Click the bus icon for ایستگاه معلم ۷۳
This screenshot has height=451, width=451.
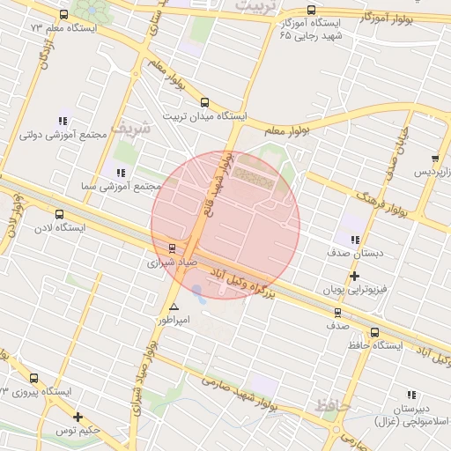coord(63,14)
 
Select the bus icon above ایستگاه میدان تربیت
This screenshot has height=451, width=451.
coord(205,102)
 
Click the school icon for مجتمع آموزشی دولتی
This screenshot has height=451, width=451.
coord(63,121)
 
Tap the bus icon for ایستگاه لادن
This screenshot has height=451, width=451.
coord(59,214)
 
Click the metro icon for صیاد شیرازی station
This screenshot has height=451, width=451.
coord(172,248)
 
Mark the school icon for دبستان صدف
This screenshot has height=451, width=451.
coord(354,239)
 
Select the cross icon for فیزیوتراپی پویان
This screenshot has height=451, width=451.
coord(354,276)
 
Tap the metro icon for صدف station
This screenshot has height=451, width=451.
coord(336,312)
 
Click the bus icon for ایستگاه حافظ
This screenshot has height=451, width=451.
coord(375,332)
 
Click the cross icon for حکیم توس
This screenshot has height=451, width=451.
coord(78,417)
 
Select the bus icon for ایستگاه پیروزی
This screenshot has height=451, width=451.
coord(33,378)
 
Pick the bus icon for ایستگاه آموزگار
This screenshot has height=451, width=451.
coord(311,11)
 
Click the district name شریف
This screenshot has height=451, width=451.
coord(136,127)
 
